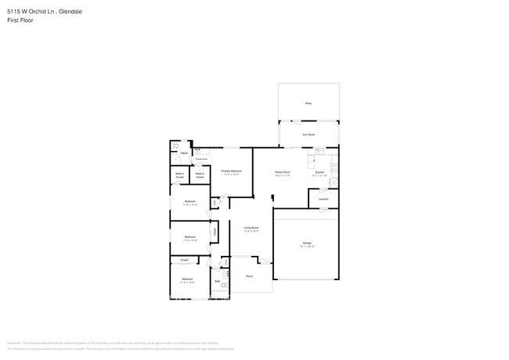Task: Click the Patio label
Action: [x=309, y=103]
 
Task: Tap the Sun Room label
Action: [x=309, y=135]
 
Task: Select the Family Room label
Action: [x=282, y=172]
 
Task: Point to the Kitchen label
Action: [x=319, y=172]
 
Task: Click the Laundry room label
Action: [x=323, y=199]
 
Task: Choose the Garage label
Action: [x=307, y=244]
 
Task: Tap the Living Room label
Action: [x=251, y=228]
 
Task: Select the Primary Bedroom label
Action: [x=231, y=171]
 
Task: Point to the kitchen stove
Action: [x=334, y=170]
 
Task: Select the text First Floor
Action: [x=20, y=20]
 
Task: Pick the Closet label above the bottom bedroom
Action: [x=184, y=260]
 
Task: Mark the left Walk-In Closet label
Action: [x=179, y=177]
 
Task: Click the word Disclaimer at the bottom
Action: [x=13, y=343]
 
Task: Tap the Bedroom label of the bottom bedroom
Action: [x=187, y=279]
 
